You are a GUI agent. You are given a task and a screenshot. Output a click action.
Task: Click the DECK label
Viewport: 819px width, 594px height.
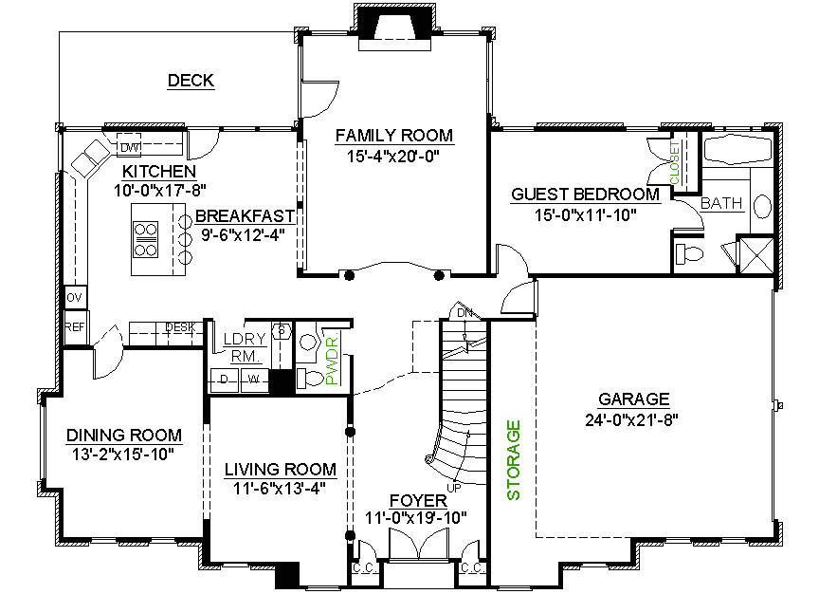pyautogui.click(x=191, y=81)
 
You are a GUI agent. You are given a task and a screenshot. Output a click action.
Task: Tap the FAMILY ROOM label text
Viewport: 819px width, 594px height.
pyautogui.click(x=393, y=136)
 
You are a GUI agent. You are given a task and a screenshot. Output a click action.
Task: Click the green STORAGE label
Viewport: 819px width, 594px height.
pyautogui.click(x=514, y=460)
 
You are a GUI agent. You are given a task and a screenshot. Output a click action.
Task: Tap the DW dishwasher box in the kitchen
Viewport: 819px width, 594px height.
pyautogui.click(x=129, y=147)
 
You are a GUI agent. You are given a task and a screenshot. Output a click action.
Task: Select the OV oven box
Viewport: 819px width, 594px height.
pyautogui.click(x=74, y=298)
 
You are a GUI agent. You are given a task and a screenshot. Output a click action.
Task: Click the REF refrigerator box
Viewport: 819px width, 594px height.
pyautogui.click(x=74, y=326)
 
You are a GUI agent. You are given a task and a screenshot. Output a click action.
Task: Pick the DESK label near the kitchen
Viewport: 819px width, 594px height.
pyautogui.click(x=180, y=328)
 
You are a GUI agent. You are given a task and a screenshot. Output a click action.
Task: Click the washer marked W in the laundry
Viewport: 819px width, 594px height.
pyautogui.click(x=253, y=381)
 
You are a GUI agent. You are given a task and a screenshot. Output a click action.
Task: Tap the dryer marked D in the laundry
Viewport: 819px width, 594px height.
pyautogui.click(x=225, y=381)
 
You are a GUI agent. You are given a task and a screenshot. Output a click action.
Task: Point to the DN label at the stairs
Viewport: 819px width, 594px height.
pyautogui.click(x=464, y=313)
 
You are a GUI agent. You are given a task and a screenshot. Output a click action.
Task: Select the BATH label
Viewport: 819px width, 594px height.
pyautogui.click(x=721, y=203)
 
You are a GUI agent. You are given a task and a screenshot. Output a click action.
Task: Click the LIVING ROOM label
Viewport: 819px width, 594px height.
pyautogui.click(x=280, y=469)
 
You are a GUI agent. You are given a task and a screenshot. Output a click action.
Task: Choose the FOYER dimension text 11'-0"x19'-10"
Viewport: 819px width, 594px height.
pyautogui.click(x=415, y=518)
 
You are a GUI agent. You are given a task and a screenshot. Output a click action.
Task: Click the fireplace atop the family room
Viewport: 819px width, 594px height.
pyautogui.click(x=395, y=23)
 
